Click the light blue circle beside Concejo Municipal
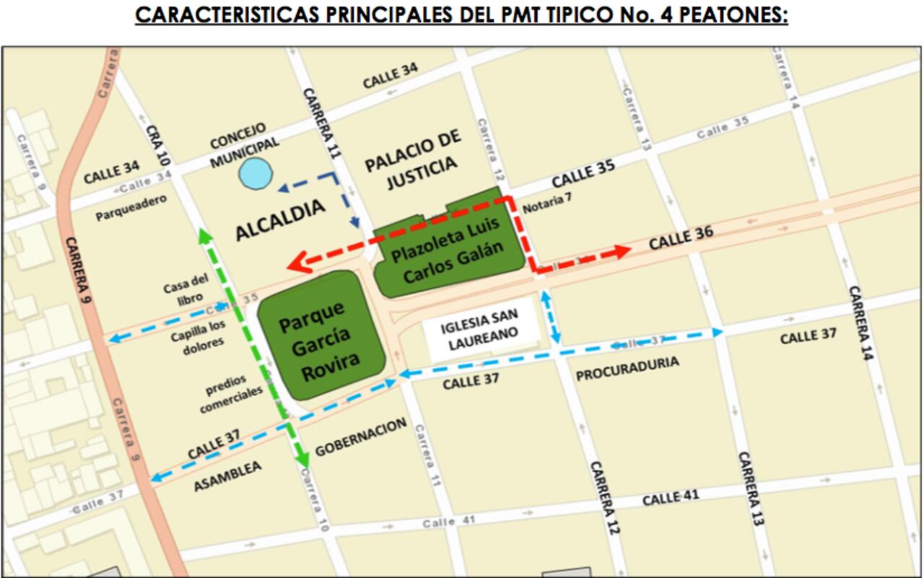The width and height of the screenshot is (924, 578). click(256, 175)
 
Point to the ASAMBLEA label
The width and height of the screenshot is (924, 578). click(227, 477)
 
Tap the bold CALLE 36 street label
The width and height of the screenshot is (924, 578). click(681, 237)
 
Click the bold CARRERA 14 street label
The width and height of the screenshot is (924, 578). click(864, 333)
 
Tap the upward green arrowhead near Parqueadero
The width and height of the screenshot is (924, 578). click(205, 234)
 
